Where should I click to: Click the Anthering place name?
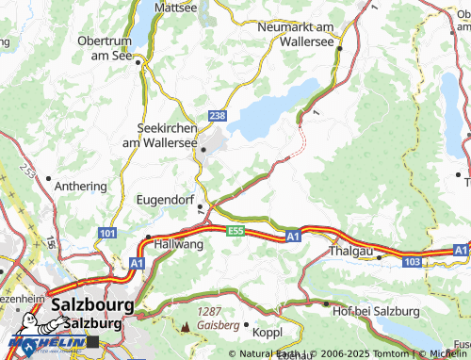[x=83, y=186]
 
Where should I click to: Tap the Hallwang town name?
[x=179, y=244]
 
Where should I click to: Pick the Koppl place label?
[x=268, y=331]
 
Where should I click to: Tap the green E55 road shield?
[x=235, y=230]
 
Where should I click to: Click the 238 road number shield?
[x=218, y=115]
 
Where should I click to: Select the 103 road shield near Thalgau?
[x=411, y=259]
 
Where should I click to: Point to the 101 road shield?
[x=108, y=232]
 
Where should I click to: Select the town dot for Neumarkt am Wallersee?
[x=340, y=49]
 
